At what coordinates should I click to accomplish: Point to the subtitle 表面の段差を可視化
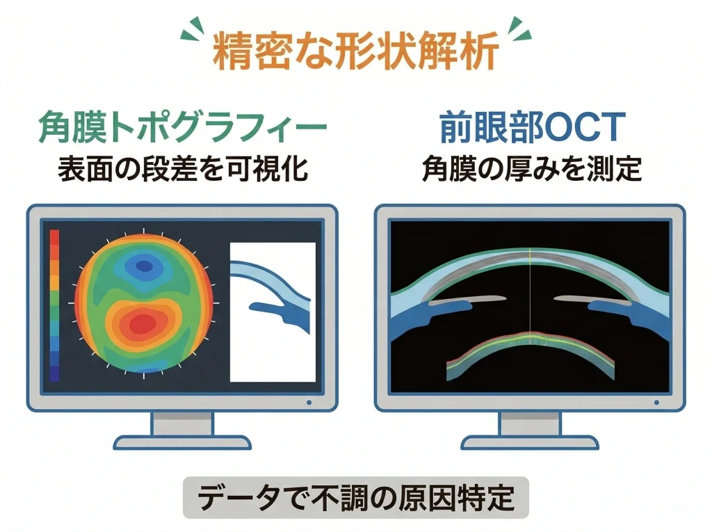(182, 169)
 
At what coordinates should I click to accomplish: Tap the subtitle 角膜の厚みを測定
(531, 169)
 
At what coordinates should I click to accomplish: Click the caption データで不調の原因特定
(355, 497)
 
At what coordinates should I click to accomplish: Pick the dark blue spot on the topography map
(145, 264)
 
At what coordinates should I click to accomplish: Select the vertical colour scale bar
(55, 305)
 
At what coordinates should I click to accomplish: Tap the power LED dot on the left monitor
(309, 402)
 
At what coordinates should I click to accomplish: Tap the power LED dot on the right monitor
(656, 402)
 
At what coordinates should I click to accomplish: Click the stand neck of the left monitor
(181, 424)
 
